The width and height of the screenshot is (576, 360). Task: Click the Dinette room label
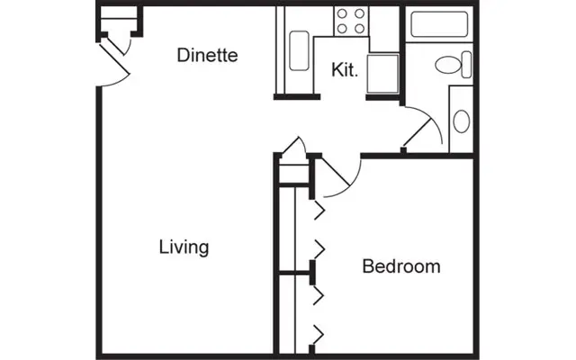coord(207,55)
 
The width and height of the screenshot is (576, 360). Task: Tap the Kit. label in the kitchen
coord(345,69)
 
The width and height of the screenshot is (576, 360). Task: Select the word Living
coord(184,247)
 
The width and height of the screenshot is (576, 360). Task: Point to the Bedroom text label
coord(400,266)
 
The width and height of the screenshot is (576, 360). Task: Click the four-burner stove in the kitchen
coord(350,21)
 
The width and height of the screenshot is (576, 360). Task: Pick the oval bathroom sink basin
coord(461,121)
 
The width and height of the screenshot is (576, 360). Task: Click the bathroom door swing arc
coord(423,126)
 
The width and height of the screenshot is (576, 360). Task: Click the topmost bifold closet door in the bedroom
coord(318,211)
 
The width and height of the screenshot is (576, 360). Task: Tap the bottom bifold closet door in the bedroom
coord(318,335)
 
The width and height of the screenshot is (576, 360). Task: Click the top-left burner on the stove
coord(343,13)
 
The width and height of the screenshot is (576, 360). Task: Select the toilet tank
coord(464,64)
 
